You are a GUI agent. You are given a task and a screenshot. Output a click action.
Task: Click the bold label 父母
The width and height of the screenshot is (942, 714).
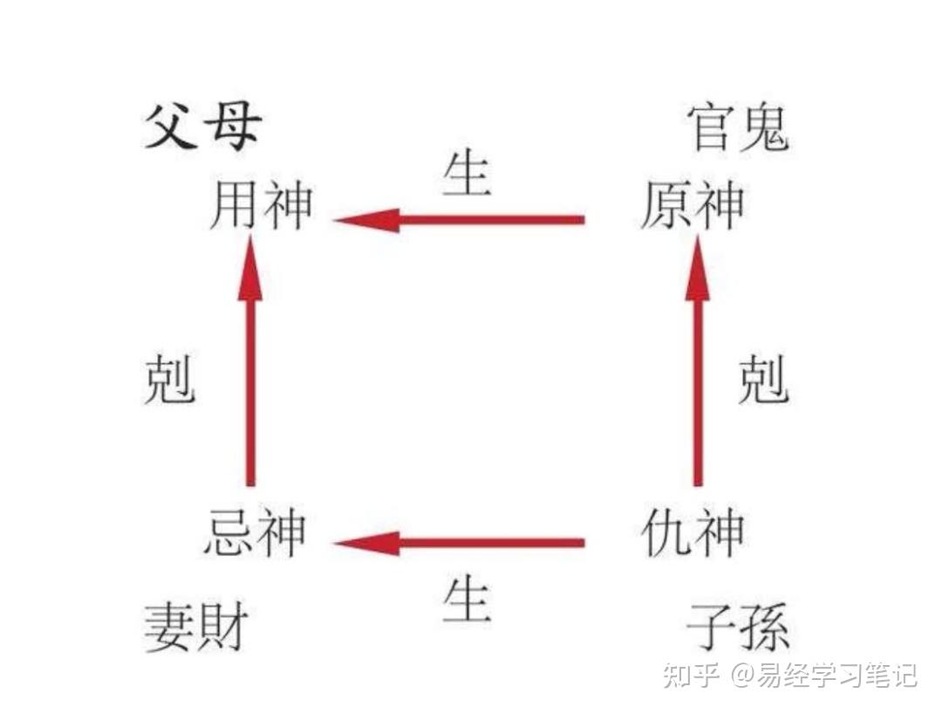tap(201, 128)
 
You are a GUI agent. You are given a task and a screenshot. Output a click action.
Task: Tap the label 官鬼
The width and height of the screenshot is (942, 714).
tap(738, 128)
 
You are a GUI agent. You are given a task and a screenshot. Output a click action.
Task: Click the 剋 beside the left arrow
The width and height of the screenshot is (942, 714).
tap(168, 380)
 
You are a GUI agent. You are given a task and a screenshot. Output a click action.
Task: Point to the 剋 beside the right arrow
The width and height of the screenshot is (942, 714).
tap(763, 380)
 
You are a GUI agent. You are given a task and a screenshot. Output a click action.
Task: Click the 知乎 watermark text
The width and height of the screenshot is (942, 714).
tap(690, 675)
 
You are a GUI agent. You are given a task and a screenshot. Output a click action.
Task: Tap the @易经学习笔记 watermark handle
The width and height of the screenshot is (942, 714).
tap(823, 675)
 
